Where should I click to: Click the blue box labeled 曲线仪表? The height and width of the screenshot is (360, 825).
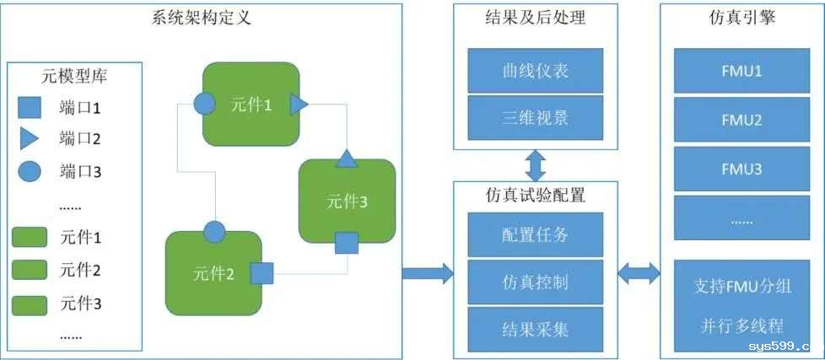pyautogui.click(x=535, y=70)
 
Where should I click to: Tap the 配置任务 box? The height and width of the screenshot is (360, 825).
pyautogui.click(x=535, y=234)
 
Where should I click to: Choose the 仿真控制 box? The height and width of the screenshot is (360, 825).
pyautogui.click(x=535, y=281)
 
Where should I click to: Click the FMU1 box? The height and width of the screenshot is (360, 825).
pyautogui.click(x=742, y=71)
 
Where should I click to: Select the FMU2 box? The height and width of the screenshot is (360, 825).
pyautogui.click(x=742, y=121)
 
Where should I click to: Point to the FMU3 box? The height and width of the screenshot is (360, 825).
pyautogui.click(x=742, y=169)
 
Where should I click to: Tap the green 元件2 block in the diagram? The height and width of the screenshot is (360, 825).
pyautogui.click(x=213, y=272)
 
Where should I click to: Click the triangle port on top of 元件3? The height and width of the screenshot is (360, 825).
pyautogui.click(x=347, y=158)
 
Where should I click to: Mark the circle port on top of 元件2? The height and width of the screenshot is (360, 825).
pyautogui.click(x=214, y=230)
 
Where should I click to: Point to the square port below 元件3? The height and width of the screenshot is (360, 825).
pyautogui.click(x=347, y=244)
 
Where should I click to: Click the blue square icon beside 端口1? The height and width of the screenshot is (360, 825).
pyautogui.click(x=30, y=108)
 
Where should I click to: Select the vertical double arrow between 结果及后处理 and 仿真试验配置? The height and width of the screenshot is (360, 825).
pyautogui.click(x=535, y=161)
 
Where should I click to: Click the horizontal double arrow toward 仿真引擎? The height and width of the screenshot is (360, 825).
pyautogui.click(x=639, y=271)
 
